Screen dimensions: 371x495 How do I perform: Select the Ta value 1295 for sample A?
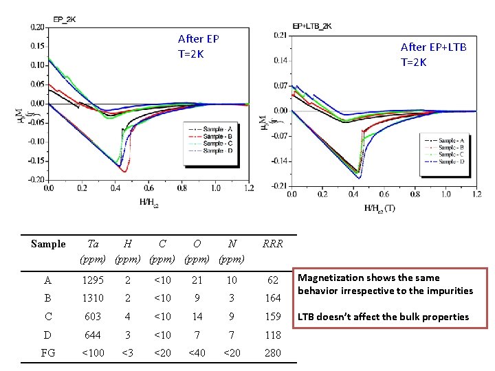pos(93,280)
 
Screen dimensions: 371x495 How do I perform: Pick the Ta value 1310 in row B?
pos(93,298)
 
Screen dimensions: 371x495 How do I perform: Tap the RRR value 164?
pos(273,298)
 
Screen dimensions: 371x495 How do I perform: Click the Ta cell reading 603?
pos(93,317)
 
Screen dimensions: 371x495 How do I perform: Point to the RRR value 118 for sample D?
pos(273,335)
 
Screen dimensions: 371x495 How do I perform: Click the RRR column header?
pos(273,244)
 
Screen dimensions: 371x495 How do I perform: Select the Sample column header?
pos(48,244)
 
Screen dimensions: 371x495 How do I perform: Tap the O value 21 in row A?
pos(197,280)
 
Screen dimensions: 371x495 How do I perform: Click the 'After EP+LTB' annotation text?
pos(433,47)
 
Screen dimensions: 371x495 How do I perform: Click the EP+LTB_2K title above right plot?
pos(312,26)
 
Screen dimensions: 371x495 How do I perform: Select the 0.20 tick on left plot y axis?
pos(37,27)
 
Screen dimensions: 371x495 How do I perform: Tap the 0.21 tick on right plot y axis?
pos(280,35)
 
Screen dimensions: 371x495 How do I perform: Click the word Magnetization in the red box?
pos(329,278)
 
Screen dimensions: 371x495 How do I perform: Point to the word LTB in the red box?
pos(309,317)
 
